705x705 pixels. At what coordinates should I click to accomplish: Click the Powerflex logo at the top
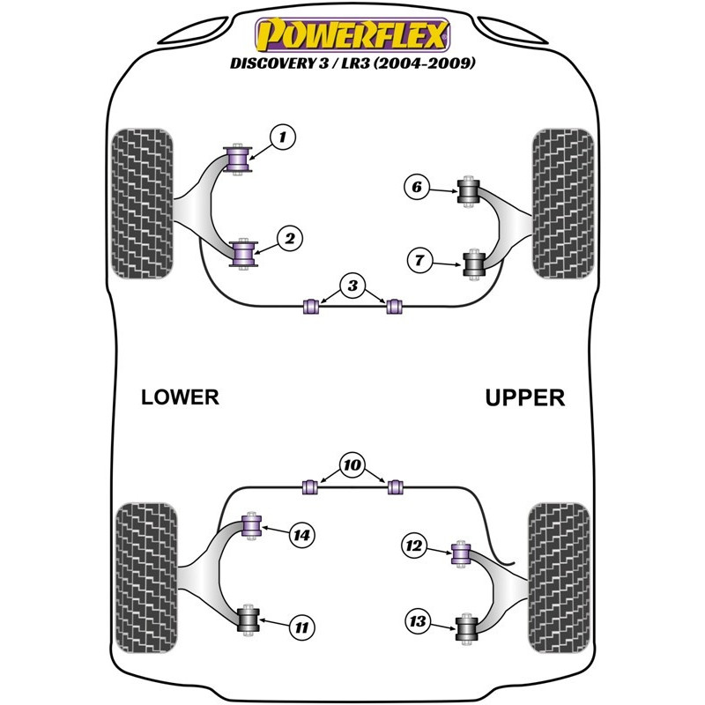point(352,34)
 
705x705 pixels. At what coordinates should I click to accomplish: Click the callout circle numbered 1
point(282,137)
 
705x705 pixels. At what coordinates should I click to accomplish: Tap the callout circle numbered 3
point(352,286)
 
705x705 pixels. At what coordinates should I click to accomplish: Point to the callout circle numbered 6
point(417,187)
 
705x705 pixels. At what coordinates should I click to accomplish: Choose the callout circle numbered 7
point(419,260)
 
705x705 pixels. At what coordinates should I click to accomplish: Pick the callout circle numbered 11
point(301,627)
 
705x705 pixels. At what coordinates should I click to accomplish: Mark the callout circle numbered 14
point(301,534)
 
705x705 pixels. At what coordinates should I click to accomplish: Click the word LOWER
point(180,397)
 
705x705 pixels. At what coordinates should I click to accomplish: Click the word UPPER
point(524,397)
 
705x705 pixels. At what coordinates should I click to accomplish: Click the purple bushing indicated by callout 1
point(238,158)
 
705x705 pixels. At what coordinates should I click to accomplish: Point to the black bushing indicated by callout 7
point(475,263)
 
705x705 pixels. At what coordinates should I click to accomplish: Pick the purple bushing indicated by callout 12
point(459,553)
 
